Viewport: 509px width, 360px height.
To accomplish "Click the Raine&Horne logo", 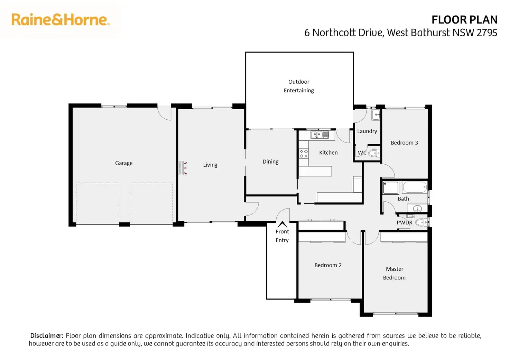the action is tap(61, 20).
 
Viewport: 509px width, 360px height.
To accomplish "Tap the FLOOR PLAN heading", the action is tap(464, 20).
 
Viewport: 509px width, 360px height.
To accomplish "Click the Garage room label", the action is tap(124, 163).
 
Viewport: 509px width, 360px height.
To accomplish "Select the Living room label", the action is tap(210, 165).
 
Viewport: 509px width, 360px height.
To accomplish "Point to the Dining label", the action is tap(270, 161).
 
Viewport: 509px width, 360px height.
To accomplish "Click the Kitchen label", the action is tap(328, 153).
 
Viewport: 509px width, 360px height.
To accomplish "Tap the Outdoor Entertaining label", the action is tap(299, 86).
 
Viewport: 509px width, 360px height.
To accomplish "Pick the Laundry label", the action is tap(367, 131).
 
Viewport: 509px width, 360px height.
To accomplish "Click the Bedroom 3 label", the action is tap(404, 142).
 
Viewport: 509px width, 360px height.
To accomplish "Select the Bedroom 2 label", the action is tap(328, 265).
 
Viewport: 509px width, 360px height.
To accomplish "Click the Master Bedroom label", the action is tap(394, 273).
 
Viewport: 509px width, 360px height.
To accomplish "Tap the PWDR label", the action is tap(404, 223).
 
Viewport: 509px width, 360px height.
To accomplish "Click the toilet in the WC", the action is tap(374, 153).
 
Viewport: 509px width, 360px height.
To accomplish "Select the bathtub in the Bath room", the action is tap(414, 188).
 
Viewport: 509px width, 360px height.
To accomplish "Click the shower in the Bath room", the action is tap(391, 188).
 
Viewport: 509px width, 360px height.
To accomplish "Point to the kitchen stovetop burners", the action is tap(304, 154).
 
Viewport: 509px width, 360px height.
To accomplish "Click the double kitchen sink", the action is tap(320, 135).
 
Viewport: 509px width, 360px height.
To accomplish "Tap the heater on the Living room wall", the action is tap(181, 168).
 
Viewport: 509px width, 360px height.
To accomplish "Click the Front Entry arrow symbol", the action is tap(282, 224).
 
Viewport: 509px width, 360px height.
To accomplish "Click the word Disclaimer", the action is tap(47, 335).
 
